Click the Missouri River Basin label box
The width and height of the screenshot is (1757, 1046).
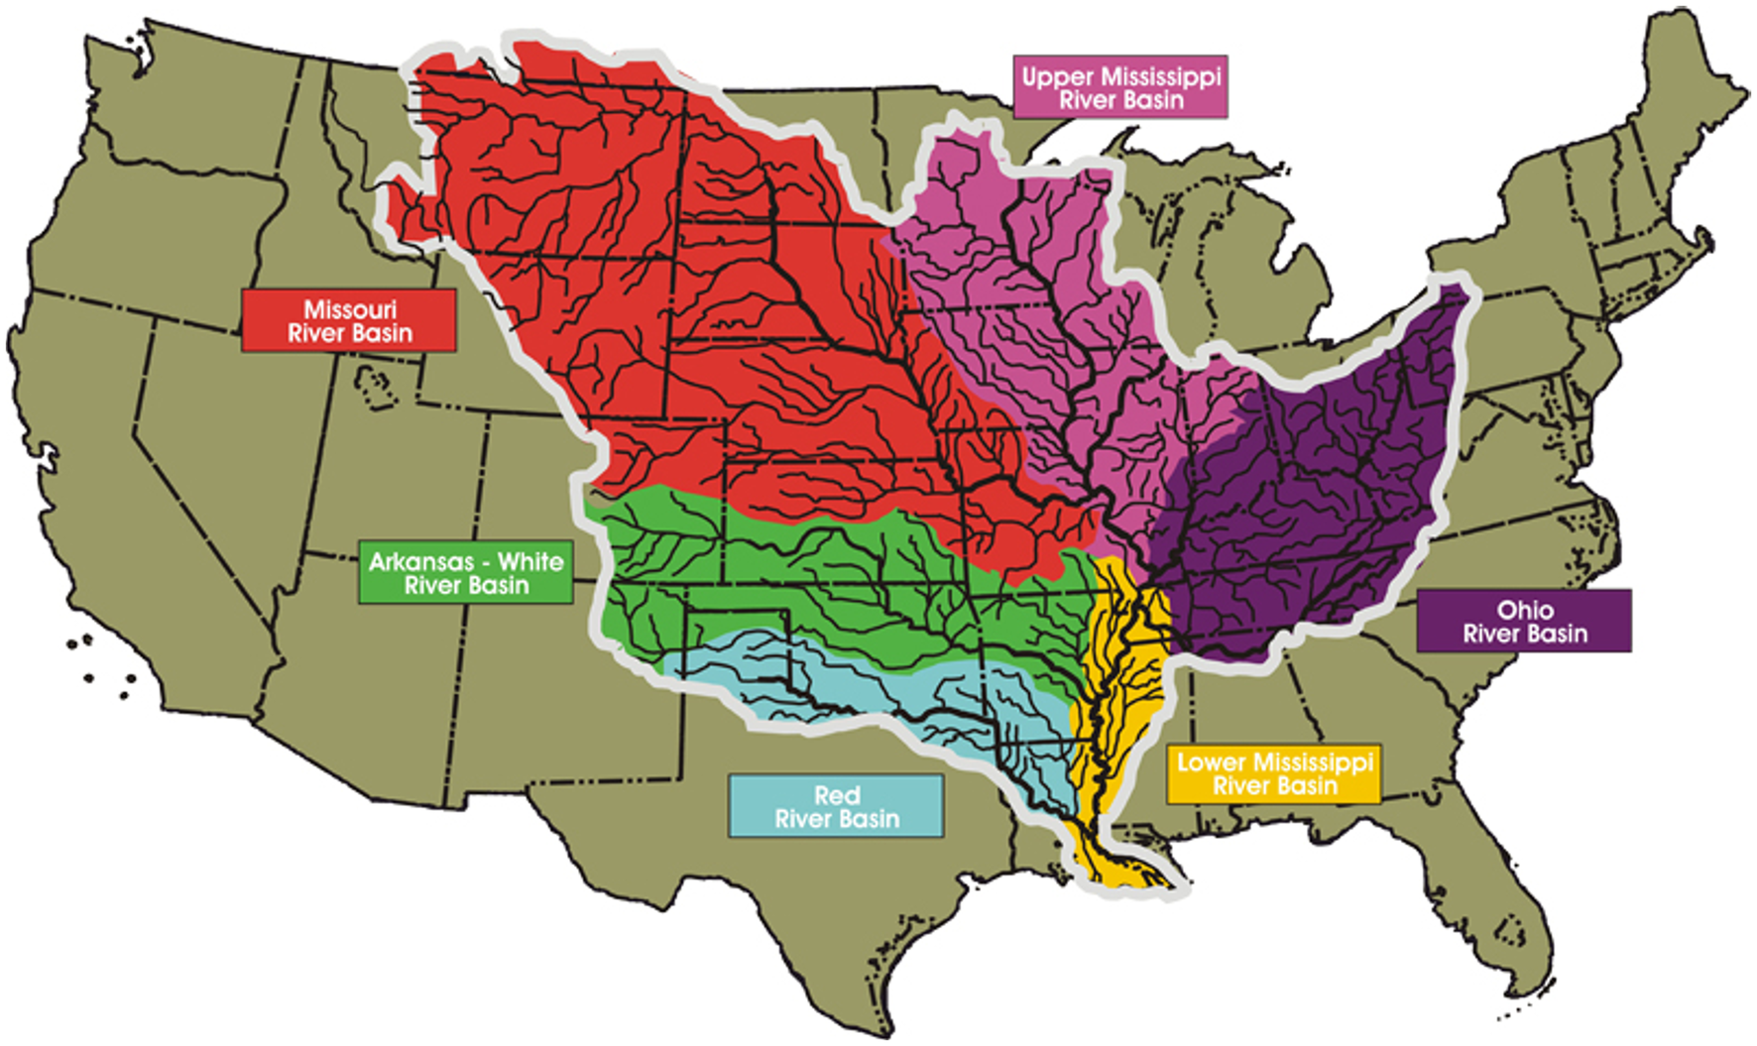[348, 320]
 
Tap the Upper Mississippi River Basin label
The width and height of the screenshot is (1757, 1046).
[1119, 87]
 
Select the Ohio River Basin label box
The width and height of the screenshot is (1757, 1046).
[1523, 621]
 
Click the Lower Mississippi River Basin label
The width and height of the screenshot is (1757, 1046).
[1273, 773]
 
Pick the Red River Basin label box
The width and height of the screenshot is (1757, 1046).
[836, 806]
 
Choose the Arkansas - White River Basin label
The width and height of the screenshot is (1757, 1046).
[465, 573]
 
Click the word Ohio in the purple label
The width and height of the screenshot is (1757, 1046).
[1525, 609]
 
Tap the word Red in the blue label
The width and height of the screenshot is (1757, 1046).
[836, 794]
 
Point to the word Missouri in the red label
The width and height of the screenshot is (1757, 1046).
[349, 308]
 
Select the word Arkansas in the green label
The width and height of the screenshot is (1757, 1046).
[420, 561]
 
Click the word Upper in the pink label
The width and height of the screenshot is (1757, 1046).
[1057, 76]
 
